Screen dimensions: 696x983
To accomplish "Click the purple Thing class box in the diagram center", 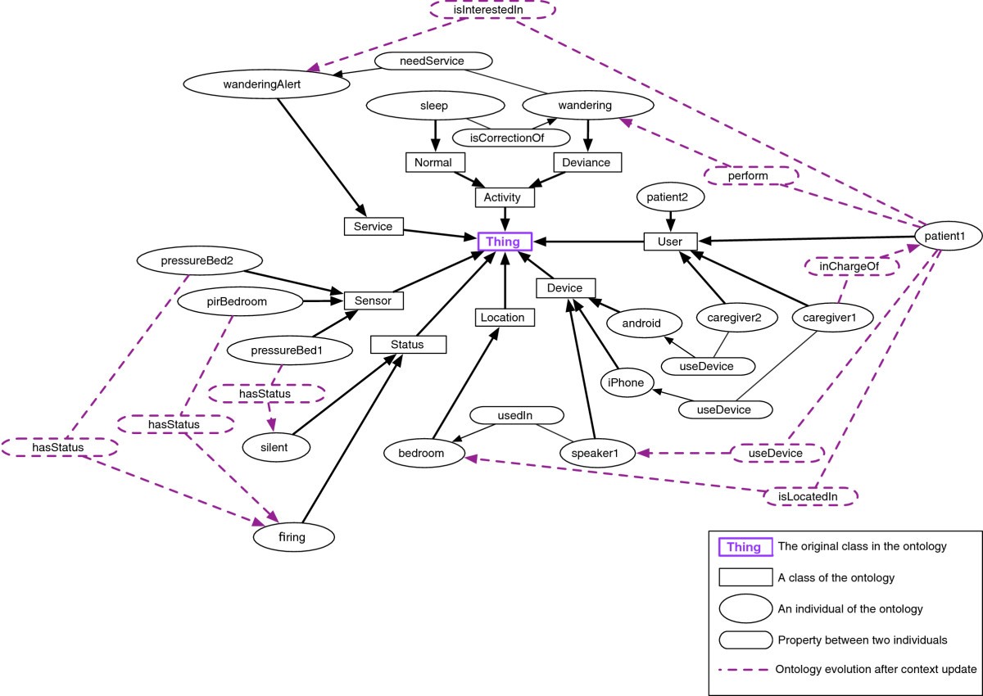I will (505, 242).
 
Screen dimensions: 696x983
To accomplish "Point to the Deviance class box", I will (587, 162).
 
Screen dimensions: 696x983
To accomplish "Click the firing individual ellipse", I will (295, 537).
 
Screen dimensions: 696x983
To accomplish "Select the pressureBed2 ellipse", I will (200, 262).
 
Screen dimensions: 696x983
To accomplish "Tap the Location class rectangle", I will (505, 317).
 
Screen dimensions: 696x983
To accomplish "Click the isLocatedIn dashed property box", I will (811, 495).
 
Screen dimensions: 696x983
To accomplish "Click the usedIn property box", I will (516, 416).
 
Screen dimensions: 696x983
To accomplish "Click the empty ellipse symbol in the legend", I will (745, 608).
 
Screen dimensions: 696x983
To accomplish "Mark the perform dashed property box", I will (750, 176).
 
